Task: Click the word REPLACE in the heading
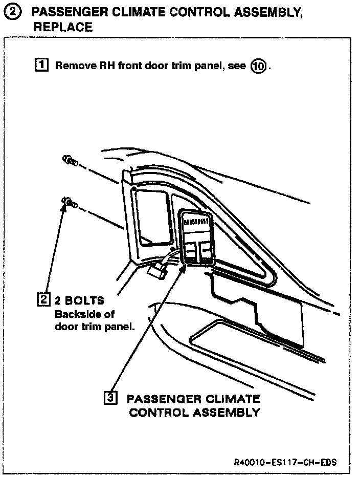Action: point(63,27)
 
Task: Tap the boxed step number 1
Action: point(41,65)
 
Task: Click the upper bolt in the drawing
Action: point(70,161)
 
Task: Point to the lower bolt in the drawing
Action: point(69,204)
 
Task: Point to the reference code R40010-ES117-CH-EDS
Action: point(285,463)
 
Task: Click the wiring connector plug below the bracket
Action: point(157,269)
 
